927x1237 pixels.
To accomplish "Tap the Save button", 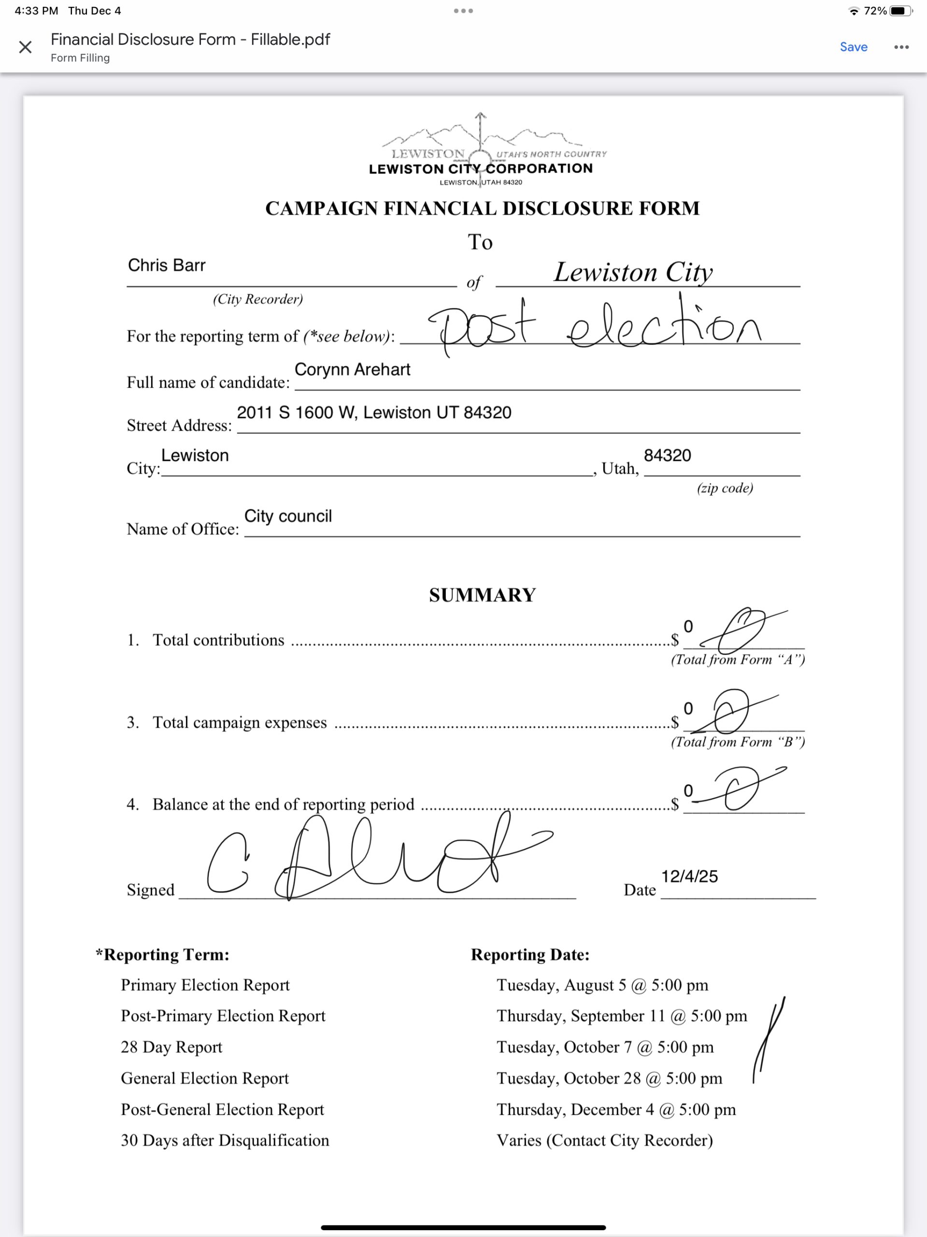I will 853,47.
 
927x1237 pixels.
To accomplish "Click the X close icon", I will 25,47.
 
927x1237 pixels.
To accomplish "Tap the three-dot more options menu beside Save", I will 901,47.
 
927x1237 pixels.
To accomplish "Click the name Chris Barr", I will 167,265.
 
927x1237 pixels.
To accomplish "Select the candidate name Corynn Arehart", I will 352,370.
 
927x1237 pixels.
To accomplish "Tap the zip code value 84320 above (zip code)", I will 667,456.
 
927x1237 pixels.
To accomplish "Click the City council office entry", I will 288,516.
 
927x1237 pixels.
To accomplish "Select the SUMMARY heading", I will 482,595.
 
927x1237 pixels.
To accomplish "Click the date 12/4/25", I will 689,877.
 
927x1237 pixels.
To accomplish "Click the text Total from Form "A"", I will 738,660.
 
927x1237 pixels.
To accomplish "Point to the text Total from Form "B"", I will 738,742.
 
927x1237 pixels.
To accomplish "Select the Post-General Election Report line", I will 223,1109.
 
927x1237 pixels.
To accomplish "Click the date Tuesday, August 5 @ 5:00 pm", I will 602,985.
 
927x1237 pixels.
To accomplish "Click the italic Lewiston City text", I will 633,273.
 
